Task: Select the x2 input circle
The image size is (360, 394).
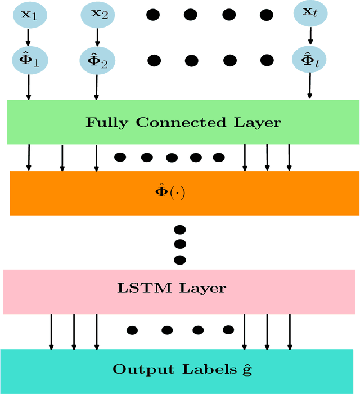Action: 97,14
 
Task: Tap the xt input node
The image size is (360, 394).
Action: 310,14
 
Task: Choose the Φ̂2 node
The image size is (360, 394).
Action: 97,60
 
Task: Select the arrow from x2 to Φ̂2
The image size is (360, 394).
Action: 97,37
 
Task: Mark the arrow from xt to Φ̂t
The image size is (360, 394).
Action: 310,37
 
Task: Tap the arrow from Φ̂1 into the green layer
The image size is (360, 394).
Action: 28,87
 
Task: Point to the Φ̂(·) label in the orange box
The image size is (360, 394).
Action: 170,192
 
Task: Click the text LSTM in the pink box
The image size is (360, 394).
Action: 147,289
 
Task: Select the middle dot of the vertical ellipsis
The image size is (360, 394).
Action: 180,244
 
